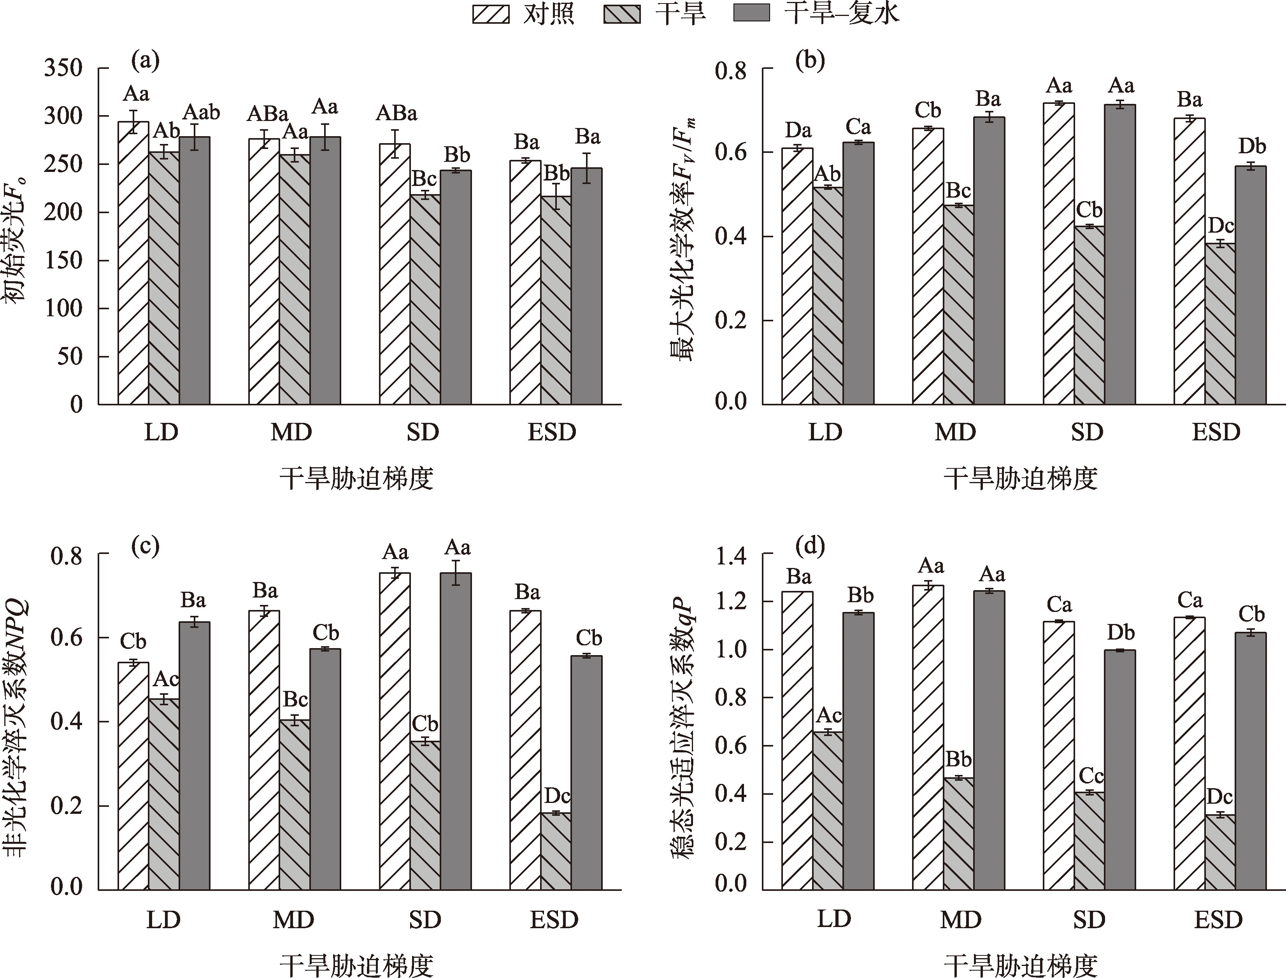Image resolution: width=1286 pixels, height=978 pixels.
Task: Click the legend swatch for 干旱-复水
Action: click(752, 13)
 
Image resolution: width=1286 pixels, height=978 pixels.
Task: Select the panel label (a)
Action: click(146, 61)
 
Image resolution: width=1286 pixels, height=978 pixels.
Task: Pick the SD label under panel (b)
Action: click(1087, 432)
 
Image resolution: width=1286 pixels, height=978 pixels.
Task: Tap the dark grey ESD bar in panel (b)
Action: click(1251, 285)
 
